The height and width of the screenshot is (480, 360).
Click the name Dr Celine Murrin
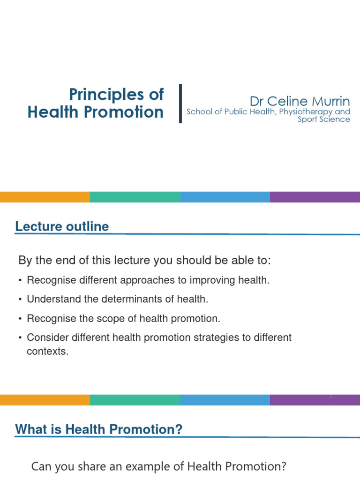300,101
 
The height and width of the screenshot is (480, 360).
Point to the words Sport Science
324,119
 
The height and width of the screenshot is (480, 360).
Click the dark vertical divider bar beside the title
180,104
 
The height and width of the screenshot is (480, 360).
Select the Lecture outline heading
62,227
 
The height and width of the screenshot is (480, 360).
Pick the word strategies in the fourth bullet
201,337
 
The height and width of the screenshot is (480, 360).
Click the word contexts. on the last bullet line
48,351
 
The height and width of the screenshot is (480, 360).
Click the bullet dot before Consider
20,338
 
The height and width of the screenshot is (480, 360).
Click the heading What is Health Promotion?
98,429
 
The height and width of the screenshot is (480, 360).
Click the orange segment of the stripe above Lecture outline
45,197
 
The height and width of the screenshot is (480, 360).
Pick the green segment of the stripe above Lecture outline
135,197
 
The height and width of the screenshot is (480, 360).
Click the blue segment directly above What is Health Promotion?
225,400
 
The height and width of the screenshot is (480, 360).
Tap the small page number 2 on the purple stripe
331,397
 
